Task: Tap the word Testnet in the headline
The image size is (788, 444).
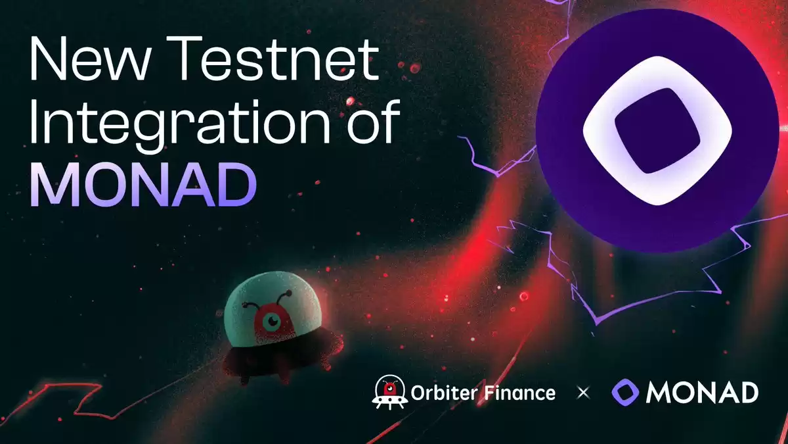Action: [273, 58]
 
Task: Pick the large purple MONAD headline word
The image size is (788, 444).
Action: [143, 184]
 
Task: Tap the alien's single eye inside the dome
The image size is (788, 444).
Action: [273, 321]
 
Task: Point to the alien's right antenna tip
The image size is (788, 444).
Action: [288, 293]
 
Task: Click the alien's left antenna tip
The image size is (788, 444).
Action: [244, 305]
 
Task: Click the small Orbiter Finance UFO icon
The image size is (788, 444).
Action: [390, 392]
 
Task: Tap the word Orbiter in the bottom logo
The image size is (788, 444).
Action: [445, 393]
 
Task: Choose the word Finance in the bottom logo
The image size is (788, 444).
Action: [520, 393]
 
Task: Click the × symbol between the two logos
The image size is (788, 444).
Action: [583, 393]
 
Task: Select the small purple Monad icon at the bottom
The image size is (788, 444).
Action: [625, 392]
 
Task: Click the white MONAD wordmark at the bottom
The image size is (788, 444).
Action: [702, 393]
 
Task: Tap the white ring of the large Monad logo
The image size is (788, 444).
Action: [598, 130]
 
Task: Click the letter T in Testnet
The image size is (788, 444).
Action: [184, 58]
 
